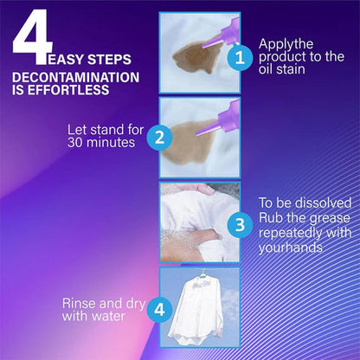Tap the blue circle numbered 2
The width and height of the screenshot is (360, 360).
point(157,137)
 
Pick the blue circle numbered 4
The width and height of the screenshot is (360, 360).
point(157,309)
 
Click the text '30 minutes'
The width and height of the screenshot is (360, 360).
point(101,143)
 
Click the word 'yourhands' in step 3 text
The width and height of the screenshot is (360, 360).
point(292,247)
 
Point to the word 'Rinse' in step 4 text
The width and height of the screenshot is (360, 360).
point(80,304)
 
